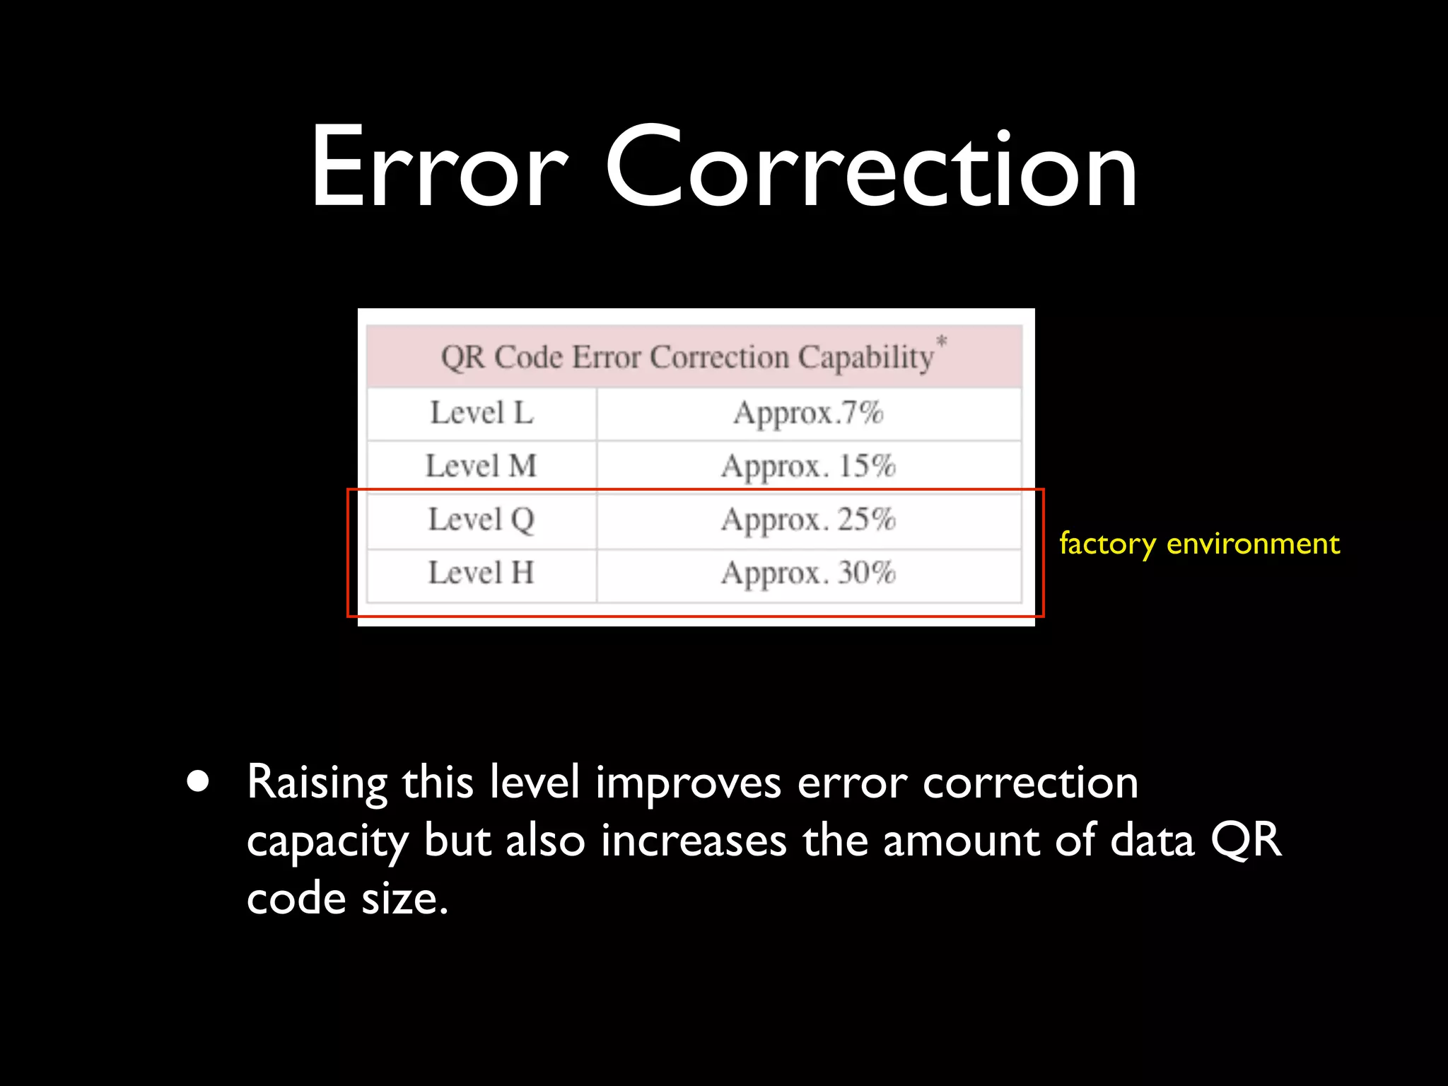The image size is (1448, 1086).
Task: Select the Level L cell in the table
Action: pos(481,413)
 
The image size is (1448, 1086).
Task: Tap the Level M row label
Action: pos(481,466)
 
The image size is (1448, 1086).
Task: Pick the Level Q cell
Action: pos(481,520)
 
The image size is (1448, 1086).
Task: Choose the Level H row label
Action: pos(481,573)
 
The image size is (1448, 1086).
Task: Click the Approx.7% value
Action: pos(808,413)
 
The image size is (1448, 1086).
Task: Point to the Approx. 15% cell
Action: pos(808,467)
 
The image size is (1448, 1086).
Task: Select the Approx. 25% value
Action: pos(808,520)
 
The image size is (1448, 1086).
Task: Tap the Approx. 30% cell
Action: pos(808,573)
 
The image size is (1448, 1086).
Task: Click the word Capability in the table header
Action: pos(866,358)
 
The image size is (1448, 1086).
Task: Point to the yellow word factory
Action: pos(1107,544)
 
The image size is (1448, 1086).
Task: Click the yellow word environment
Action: pos(1253,544)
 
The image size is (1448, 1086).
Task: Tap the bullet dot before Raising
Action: pos(199,782)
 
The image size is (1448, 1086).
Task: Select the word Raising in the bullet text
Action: pos(317,783)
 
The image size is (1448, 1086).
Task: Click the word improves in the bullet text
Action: pos(688,783)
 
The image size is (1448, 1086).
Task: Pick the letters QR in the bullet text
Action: pos(1246,841)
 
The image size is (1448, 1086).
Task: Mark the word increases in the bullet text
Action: pos(694,841)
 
